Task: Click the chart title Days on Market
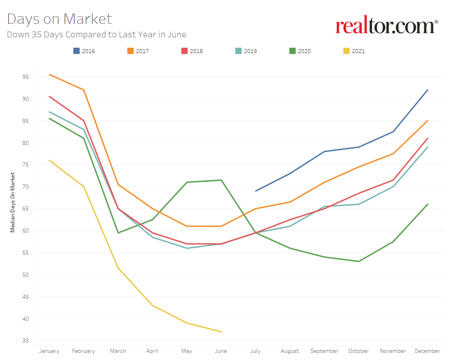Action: tap(59, 19)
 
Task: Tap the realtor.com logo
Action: tap(387, 26)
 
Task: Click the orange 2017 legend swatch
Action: tap(130, 51)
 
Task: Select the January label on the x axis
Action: tap(49, 351)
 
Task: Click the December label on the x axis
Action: tap(427, 351)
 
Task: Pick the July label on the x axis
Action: tap(255, 351)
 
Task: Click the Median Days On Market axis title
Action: tap(13, 202)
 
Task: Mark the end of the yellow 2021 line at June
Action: tap(221, 332)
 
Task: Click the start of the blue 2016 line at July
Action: tap(256, 191)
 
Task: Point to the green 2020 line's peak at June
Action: tap(221, 180)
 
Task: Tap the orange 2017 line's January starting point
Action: tap(49, 74)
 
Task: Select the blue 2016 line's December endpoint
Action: tap(427, 90)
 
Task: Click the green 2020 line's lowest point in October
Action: tap(359, 261)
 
